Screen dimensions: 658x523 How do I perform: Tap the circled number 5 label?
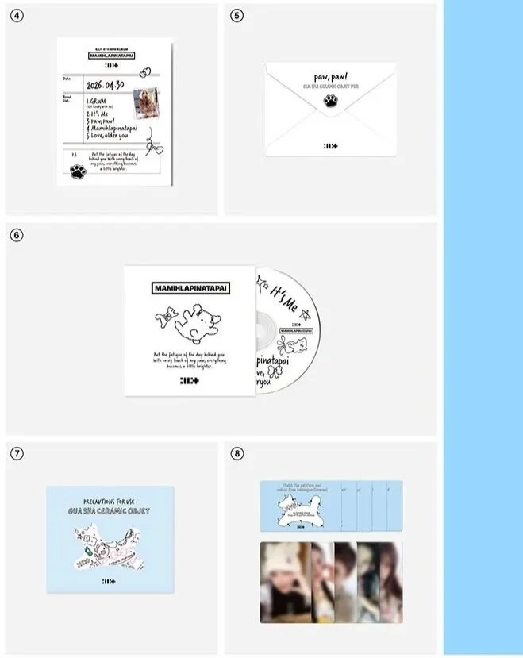(236, 15)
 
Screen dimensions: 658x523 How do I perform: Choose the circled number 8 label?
(236, 453)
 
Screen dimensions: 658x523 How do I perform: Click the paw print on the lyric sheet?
(78, 171)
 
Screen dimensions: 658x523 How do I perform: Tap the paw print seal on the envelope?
(329, 100)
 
